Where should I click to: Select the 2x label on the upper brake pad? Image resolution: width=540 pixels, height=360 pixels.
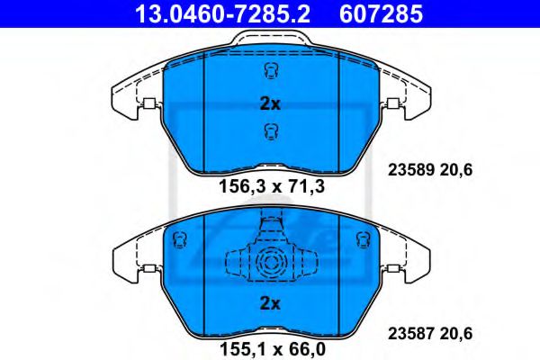pyautogui.click(x=270, y=103)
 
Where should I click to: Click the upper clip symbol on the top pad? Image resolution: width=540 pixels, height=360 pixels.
pyautogui.click(x=269, y=73)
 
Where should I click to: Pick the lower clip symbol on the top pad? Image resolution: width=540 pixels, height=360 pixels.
pyautogui.click(x=269, y=133)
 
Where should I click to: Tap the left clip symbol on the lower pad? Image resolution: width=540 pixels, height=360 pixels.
pyautogui.click(x=178, y=239)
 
